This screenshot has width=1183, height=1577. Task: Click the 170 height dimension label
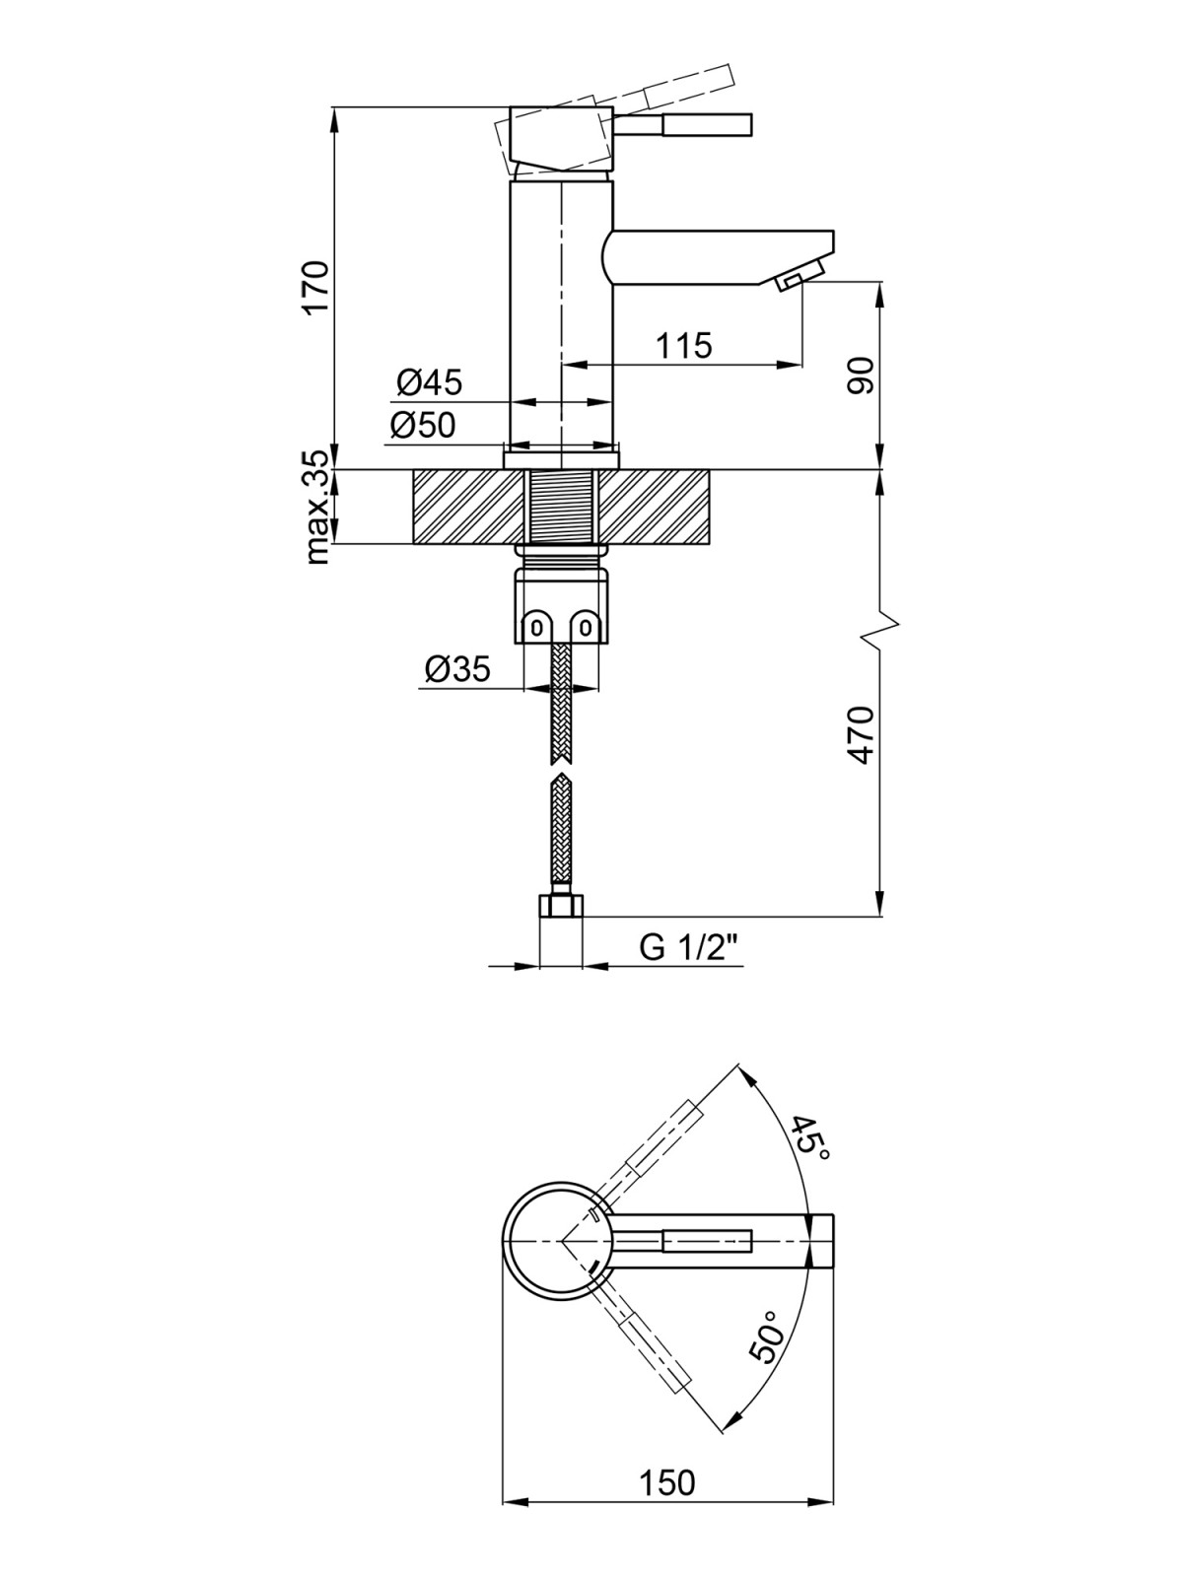pos(314,287)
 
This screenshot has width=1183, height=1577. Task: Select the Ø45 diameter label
pos(429,381)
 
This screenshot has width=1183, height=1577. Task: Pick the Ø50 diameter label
pos(423,426)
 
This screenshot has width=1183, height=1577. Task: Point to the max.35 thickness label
pos(316,507)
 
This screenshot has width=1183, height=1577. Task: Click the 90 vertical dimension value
pos(861,376)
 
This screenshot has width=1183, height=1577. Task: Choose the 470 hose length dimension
pos(861,734)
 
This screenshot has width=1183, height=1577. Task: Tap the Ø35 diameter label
pos(457,669)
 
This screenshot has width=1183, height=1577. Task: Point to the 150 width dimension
pos(667,1481)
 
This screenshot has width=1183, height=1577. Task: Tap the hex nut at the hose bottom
pos(561,905)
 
